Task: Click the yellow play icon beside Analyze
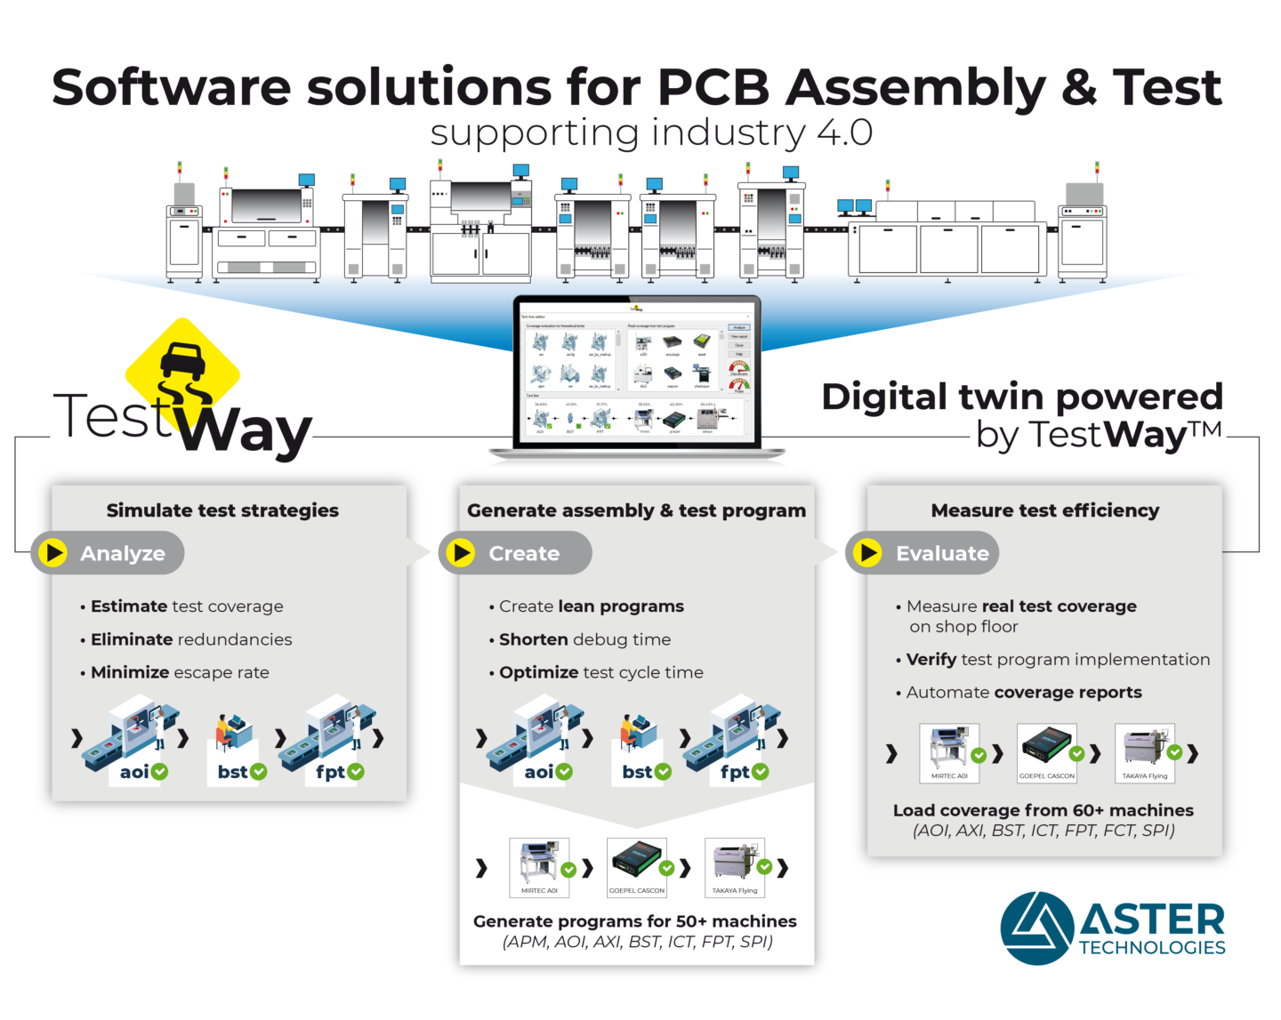tap(53, 553)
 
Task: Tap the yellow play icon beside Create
tap(461, 553)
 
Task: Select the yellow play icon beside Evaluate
tap(867, 553)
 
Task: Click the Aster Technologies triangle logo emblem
tap(1035, 928)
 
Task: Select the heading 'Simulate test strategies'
tap(222, 510)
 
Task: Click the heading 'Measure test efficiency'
tap(1044, 510)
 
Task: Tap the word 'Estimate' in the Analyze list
tap(129, 606)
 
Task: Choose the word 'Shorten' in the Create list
tap(534, 639)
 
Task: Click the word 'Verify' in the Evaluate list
tap(931, 660)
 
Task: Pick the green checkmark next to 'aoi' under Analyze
tap(160, 772)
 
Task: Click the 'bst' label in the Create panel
tap(637, 772)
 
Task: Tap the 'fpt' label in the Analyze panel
tap(330, 772)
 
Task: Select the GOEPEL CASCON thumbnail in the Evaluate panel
tap(1047, 752)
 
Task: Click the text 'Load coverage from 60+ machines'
tap(1043, 810)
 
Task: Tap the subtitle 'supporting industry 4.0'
tap(651, 133)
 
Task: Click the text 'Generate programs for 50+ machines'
tap(635, 921)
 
